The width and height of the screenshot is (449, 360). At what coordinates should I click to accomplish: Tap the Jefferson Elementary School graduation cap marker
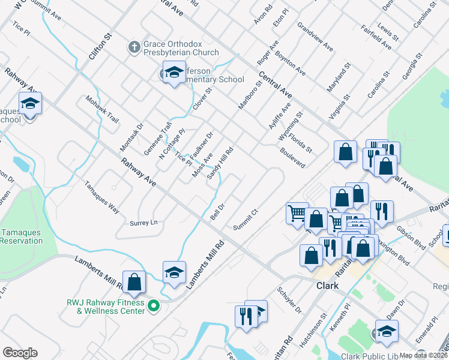[x=174, y=73]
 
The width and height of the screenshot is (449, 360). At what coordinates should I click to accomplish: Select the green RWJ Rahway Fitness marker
[x=154, y=305]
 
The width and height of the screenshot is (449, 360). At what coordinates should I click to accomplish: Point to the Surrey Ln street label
[x=143, y=223]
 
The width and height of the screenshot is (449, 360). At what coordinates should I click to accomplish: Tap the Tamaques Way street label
[x=101, y=197]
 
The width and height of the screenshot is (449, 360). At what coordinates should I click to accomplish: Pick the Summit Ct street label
[x=246, y=220]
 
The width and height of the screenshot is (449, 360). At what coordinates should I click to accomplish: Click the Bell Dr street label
[x=217, y=211]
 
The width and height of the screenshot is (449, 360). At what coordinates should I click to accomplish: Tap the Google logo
[x=20, y=353]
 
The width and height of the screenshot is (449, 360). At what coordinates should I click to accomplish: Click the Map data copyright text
[x=424, y=355]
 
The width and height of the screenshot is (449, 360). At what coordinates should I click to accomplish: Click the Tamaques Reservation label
[x=22, y=236]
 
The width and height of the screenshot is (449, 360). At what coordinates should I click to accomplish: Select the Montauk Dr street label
[x=132, y=137]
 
